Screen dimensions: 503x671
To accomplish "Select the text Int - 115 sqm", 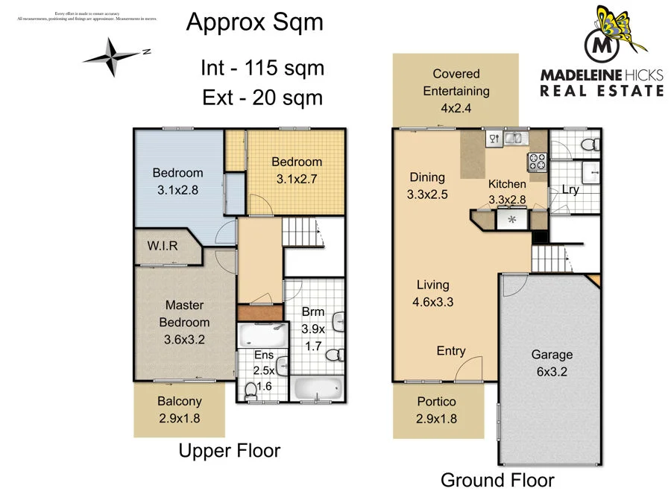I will click(262, 69).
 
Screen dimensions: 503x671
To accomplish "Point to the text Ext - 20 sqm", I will click(262, 98).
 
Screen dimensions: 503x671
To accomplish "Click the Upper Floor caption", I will click(229, 450).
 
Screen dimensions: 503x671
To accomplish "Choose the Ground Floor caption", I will click(497, 480).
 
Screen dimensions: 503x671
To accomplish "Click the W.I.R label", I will click(163, 246).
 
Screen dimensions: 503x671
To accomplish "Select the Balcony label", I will click(179, 402).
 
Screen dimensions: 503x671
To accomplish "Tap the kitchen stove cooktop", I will click(537, 161).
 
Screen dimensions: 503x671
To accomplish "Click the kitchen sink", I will click(512, 138).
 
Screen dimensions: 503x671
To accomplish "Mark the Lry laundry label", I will click(570, 189).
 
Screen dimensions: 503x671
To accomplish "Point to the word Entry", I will click(451, 351).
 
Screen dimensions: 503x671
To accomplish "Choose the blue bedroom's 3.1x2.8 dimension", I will click(177, 190).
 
